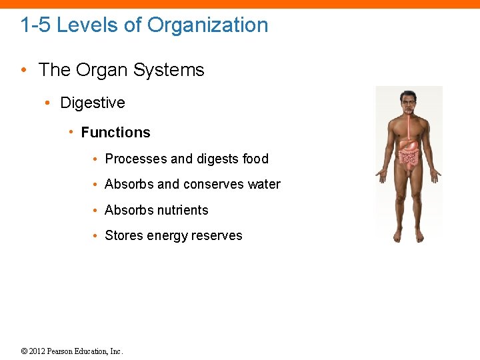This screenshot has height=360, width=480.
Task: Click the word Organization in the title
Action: pyautogui.click(x=207, y=25)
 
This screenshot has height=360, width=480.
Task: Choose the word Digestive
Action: pyautogui.click(x=93, y=103)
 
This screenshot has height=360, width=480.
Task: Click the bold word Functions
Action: pyautogui.click(x=115, y=133)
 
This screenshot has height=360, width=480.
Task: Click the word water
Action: pyautogui.click(x=264, y=184)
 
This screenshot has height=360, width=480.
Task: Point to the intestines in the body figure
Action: pyautogui.click(x=409, y=157)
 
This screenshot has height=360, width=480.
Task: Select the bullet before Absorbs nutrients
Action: pyautogui.click(x=96, y=211)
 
